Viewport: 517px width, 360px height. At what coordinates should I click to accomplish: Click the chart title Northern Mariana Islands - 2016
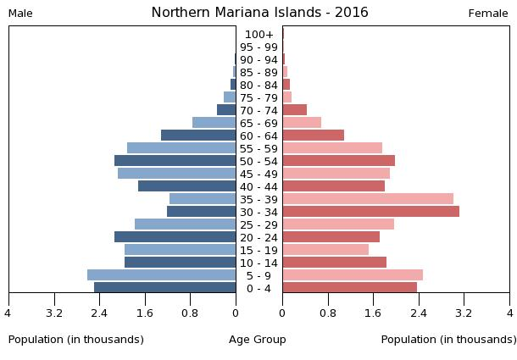click(x=259, y=13)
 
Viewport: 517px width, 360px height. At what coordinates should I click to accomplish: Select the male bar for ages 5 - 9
click(x=161, y=275)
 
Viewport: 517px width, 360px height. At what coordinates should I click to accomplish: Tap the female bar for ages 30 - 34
click(x=370, y=212)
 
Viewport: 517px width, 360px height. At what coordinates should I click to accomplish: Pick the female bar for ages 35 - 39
click(x=368, y=199)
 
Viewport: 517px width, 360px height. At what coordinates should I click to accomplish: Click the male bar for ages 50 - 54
click(x=175, y=161)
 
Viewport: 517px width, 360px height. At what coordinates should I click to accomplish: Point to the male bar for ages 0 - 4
click(x=164, y=288)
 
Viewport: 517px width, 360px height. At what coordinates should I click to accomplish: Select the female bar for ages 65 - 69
click(x=302, y=123)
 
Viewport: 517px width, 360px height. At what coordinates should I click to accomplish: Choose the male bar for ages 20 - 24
click(x=175, y=237)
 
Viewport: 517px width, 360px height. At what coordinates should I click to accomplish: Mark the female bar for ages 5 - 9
click(x=353, y=275)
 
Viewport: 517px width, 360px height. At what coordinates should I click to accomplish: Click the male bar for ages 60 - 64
click(x=198, y=136)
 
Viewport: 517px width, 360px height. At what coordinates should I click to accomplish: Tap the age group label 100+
click(x=258, y=34)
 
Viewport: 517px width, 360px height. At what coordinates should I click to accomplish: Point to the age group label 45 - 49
click(x=258, y=174)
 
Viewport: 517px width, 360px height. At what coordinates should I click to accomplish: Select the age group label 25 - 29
click(x=258, y=224)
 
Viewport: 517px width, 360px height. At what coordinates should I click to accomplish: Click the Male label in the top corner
click(x=20, y=14)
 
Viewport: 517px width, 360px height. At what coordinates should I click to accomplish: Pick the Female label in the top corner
click(x=488, y=14)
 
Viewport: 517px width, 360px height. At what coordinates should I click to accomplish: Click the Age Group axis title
click(x=258, y=340)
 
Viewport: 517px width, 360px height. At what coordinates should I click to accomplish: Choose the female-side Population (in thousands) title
click(x=448, y=340)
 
